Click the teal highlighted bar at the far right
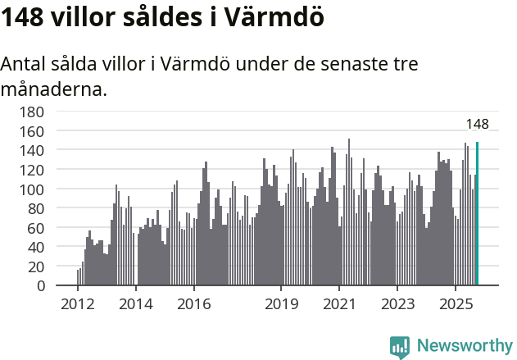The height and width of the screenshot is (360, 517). pos(477,214)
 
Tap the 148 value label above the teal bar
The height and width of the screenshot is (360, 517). pos(477,125)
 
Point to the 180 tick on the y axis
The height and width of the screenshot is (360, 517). pos(34,112)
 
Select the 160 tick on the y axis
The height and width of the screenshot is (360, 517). pos(34,131)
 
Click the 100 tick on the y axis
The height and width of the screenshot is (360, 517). pos(34,189)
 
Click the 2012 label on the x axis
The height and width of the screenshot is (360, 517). pos(78,304)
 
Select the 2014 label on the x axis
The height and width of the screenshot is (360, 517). pos(136,304)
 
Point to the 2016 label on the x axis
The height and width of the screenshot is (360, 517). pos(193,304)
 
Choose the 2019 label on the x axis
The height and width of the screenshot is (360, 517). pos(281,304)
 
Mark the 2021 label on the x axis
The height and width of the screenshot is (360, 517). pos(339,304)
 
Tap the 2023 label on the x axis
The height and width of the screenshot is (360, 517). pos(397,304)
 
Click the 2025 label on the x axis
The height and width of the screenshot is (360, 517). pos(456,304)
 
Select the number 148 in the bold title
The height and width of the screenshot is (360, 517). pos(22,16)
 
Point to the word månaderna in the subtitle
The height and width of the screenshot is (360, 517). pos(53,89)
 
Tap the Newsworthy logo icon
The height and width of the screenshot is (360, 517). pos(400,346)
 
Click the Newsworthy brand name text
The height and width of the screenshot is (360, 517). pos(464,346)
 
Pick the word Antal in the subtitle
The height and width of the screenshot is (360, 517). pos(26,63)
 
